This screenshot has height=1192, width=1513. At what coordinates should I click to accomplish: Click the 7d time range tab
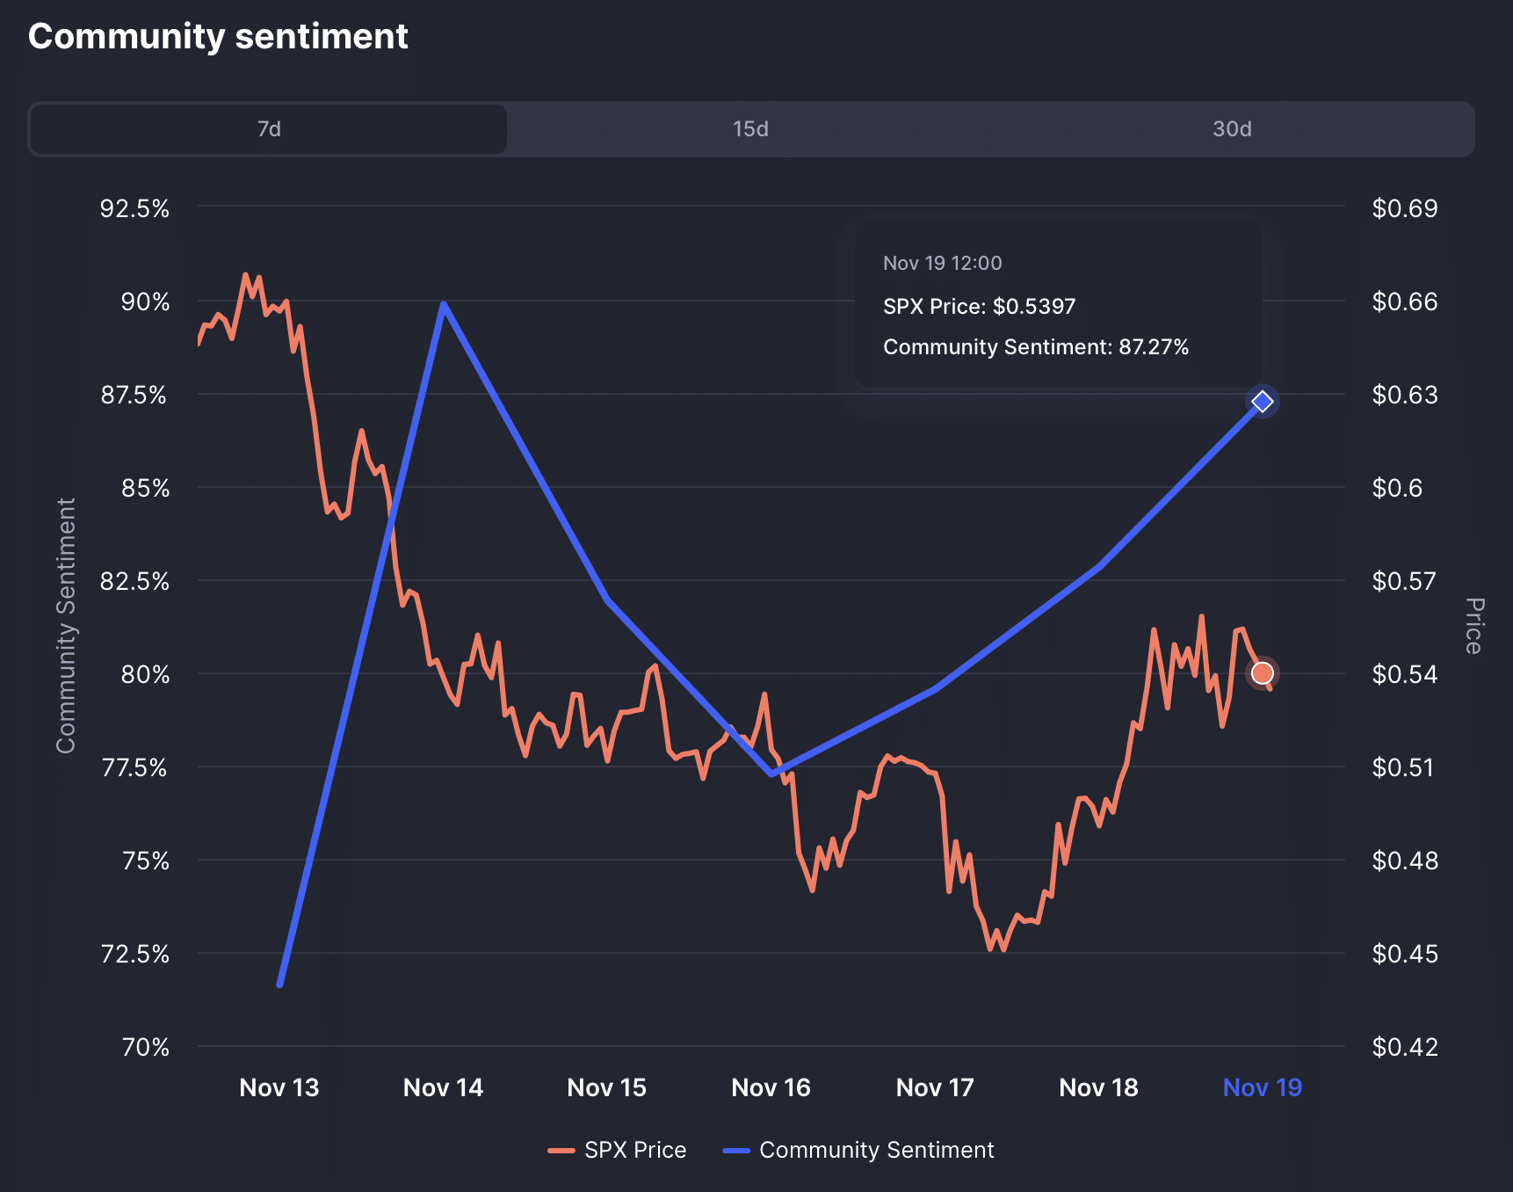tap(269, 129)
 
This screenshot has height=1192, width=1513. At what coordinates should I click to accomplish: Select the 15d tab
tap(750, 129)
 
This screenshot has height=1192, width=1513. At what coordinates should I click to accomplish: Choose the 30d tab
tap(1232, 129)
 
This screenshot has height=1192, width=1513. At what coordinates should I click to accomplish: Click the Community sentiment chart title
tap(218, 37)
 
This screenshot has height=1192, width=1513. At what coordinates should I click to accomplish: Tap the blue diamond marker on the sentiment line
tap(1262, 402)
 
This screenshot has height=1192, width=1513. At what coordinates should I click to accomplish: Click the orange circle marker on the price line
tap(1262, 673)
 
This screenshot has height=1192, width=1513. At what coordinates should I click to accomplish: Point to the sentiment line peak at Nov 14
tap(444, 304)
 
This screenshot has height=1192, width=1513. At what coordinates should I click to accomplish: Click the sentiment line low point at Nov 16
tap(772, 774)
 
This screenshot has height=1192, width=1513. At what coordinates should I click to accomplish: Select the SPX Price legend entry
tap(618, 1150)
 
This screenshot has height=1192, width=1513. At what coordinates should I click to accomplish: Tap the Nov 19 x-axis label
tap(1262, 1087)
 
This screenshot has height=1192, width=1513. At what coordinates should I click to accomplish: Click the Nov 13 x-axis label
tap(279, 1087)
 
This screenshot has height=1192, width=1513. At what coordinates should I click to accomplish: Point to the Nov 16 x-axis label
tap(771, 1087)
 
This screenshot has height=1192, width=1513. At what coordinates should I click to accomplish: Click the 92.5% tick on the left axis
tap(134, 208)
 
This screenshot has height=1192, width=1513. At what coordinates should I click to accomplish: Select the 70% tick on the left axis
tap(145, 1047)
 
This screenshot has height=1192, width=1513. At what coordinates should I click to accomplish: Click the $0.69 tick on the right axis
tap(1404, 208)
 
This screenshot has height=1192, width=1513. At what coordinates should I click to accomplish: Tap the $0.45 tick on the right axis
tap(1404, 954)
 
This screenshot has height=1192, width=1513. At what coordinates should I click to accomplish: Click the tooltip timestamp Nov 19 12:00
tap(942, 263)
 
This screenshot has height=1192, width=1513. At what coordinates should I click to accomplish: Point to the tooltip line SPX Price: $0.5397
tap(979, 307)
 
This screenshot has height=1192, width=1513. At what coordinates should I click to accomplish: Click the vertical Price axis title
tap(1473, 626)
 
